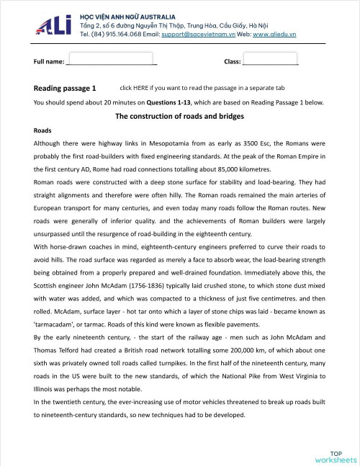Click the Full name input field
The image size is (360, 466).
pos(110,59)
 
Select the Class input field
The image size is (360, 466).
pos(271,59)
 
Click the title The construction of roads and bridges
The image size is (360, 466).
pos(179,117)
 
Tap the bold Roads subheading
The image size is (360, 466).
pos(42,131)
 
